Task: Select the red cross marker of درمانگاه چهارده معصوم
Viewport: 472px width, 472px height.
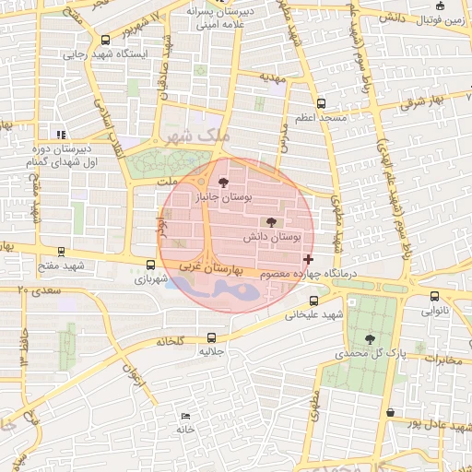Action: point(307,260)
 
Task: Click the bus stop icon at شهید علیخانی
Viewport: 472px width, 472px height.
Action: point(314,300)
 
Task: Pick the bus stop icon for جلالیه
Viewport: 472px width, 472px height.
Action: point(211,336)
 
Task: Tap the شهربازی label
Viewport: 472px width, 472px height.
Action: point(152,278)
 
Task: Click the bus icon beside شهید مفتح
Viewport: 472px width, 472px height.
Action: point(61,251)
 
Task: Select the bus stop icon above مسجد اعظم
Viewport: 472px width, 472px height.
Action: point(321,104)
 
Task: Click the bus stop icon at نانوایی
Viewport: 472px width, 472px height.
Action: point(435,297)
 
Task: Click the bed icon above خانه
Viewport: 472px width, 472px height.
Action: point(186,417)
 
